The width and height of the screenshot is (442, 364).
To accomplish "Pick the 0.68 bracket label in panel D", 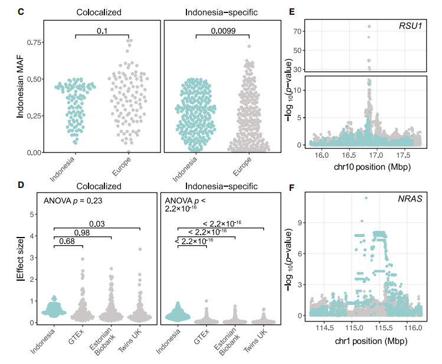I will [x=67, y=241].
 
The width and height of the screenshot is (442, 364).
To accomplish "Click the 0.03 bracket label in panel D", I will [x=96, y=223].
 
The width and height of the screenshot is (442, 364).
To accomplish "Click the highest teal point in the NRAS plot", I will [x=366, y=199].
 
